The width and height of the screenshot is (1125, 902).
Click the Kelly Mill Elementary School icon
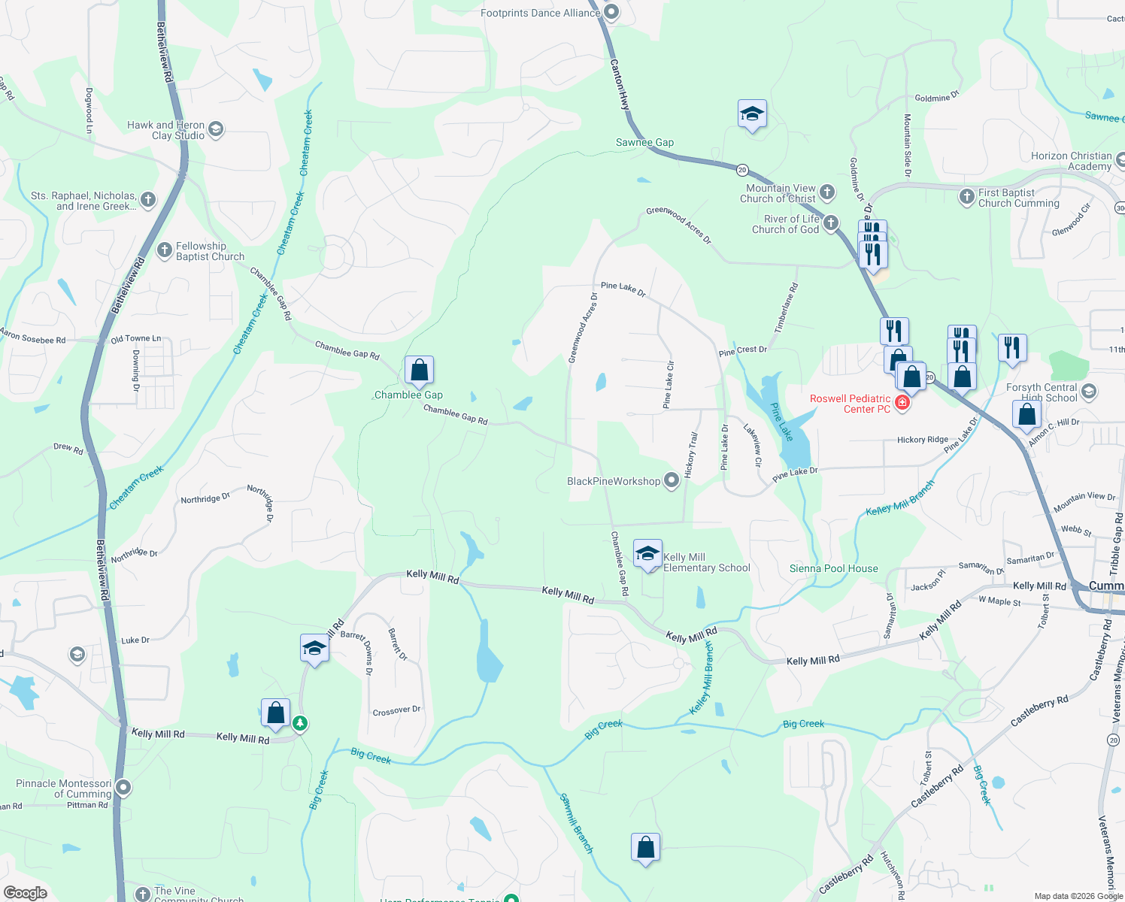pyautogui.click(x=647, y=554)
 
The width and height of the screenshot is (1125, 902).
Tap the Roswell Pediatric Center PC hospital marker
pyautogui.click(x=902, y=404)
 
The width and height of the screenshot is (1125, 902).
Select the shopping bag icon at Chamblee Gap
pyautogui.click(x=419, y=370)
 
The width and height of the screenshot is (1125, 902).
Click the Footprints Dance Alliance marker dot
pyautogui.click(x=611, y=12)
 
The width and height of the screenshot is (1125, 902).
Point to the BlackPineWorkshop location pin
pyautogui.click(x=672, y=481)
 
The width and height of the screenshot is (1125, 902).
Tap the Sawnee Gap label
pyautogui.click(x=644, y=142)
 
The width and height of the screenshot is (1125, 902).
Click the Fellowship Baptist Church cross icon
pyautogui.click(x=165, y=250)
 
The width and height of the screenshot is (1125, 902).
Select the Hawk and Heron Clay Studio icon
pyautogui.click(x=216, y=130)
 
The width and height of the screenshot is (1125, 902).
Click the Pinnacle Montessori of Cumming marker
pyautogui.click(x=123, y=788)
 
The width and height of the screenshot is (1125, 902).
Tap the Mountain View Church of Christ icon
pyautogui.click(x=827, y=192)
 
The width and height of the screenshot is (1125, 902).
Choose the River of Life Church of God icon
pyautogui.click(x=831, y=223)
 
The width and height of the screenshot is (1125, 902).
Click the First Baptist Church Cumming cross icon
pyautogui.click(x=967, y=197)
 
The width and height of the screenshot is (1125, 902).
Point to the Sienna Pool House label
pyautogui.click(x=833, y=568)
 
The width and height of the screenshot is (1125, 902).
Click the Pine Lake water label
pyautogui.click(x=782, y=422)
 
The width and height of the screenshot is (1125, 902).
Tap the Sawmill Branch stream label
pyautogui.click(x=577, y=824)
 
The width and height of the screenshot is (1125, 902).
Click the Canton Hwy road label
pyautogui.click(x=620, y=85)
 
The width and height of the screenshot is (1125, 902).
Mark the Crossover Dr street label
pyautogui.click(x=396, y=710)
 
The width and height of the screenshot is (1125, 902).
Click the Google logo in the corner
pyautogui.click(x=25, y=893)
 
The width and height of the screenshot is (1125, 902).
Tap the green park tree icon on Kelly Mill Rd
pyautogui.click(x=300, y=723)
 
